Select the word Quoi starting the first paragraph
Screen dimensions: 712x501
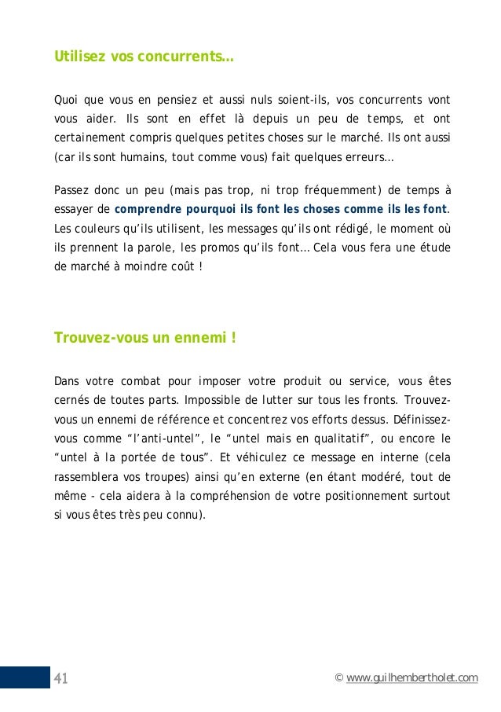click(66, 101)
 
